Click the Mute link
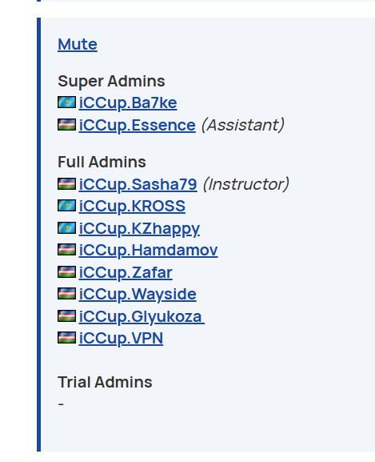click(78, 45)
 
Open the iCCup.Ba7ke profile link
click(128, 102)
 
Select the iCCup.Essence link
click(137, 125)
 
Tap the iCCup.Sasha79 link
click(138, 184)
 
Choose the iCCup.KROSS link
click(132, 206)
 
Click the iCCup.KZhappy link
click(139, 228)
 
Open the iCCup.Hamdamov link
click(148, 250)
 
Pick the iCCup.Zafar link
click(126, 272)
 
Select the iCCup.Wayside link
click(138, 294)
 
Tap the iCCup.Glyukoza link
click(142, 316)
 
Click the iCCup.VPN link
click(121, 338)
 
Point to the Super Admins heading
click(111, 81)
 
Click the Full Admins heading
click(102, 162)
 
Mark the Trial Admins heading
click(105, 382)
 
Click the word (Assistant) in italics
click(243, 125)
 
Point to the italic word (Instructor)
click(246, 184)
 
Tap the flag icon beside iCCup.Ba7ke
click(67, 102)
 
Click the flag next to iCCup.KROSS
click(67, 205)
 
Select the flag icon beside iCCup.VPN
click(67, 338)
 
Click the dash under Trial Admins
click(61, 404)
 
